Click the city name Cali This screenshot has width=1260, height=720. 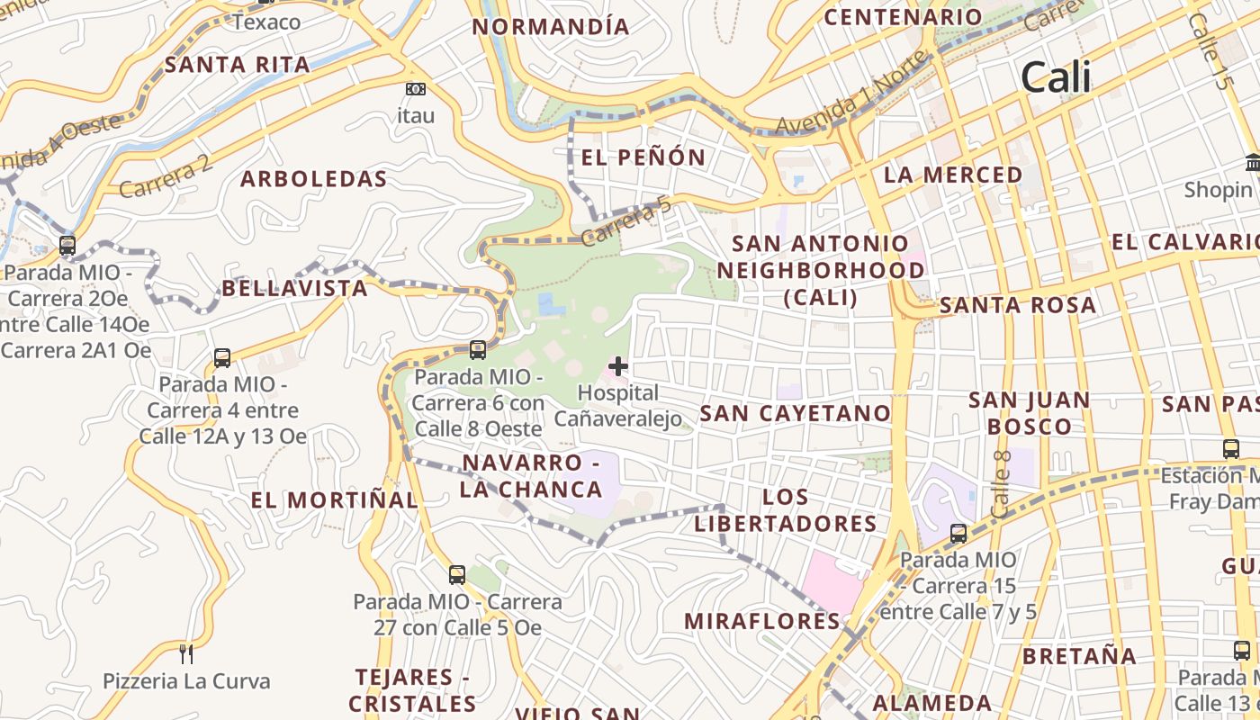coord(1056,78)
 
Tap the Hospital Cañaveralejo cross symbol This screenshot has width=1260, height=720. coord(618,366)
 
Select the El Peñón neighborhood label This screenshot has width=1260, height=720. coord(643,157)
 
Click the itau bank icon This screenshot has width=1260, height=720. coord(415,89)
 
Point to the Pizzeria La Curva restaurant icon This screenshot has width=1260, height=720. coord(186,653)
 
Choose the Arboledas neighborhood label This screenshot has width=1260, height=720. coord(313,179)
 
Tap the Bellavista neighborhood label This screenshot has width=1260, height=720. coord(294,288)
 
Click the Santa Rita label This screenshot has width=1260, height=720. coord(238,65)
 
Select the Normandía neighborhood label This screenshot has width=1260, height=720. coord(551,27)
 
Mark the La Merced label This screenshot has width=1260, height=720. coord(953,175)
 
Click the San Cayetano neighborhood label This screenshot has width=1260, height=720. coord(795,413)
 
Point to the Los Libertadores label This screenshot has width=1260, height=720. coord(786,510)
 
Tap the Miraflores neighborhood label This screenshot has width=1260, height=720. coord(762,621)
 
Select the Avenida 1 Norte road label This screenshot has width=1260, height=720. coord(850,94)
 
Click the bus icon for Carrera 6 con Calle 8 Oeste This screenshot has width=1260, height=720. coord(478,350)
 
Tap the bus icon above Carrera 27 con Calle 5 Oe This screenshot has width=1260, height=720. coord(457,574)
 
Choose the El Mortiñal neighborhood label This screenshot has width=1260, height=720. coord(334,500)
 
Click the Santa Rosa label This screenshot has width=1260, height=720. coord(1018,305)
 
